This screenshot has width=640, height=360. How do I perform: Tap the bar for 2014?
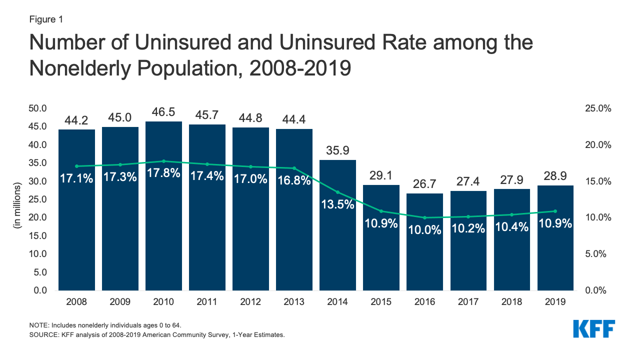(x=337, y=240)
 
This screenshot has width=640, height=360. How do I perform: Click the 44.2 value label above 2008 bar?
(x=76, y=120)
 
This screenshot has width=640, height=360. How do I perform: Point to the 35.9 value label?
(x=337, y=150)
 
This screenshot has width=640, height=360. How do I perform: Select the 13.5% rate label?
(x=337, y=204)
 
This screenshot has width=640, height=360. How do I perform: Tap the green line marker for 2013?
(x=294, y=168)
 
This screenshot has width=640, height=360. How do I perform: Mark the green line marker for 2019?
(x=555, y=211)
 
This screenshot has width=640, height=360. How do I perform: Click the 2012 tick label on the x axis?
(x=250, y=302)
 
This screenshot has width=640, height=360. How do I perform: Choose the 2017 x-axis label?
(x=468, y=302)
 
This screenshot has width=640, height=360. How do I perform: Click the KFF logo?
(x=593, y=329)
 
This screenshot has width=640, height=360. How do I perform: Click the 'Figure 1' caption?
(x=45, y=19)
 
